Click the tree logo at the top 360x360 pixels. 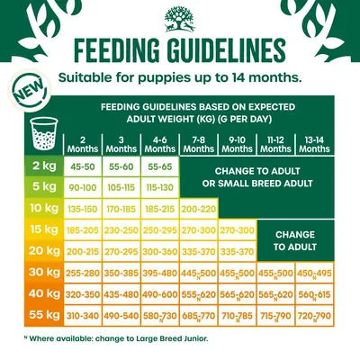coord(179,15)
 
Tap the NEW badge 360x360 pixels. coord(28,90)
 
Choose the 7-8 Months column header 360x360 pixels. coord(201,143)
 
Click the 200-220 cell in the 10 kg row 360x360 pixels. coord(201,209)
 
